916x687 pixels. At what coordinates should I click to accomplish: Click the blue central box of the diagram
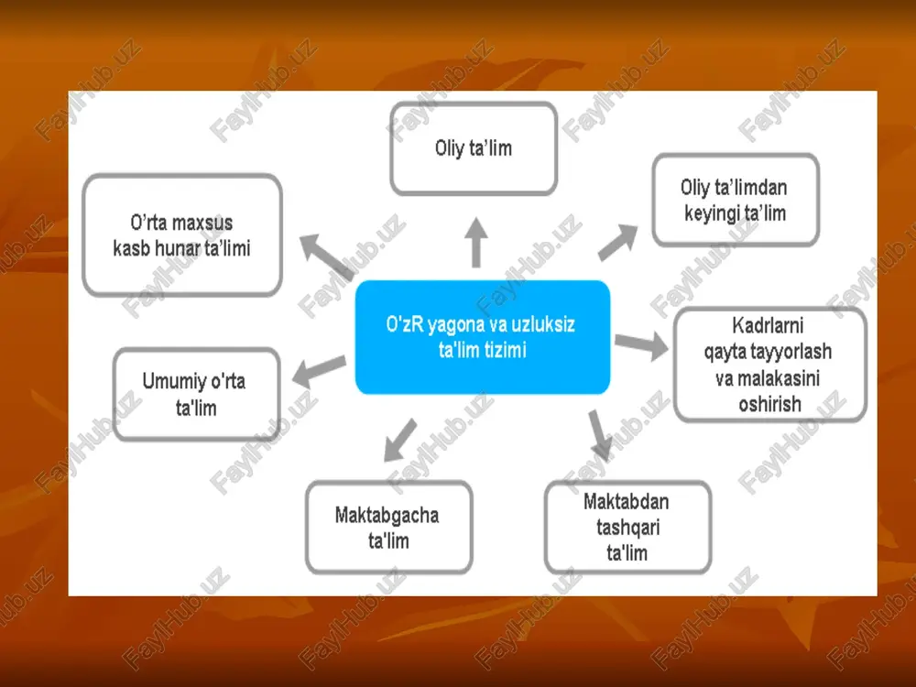pos(483,337)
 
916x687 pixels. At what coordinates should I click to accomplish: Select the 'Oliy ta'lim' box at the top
pos(474,148)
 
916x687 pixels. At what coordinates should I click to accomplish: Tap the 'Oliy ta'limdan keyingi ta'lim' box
pos(736,200)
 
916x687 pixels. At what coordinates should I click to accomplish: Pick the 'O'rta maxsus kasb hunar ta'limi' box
pos(182,234)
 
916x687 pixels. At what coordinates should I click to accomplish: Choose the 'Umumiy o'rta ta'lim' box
pos(196,394)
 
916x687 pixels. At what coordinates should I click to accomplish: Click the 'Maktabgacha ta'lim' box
pos(389,527)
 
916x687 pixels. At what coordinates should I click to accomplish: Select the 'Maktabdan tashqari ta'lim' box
pos(627,527)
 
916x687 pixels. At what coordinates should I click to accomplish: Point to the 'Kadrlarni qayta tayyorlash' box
pos(770,365)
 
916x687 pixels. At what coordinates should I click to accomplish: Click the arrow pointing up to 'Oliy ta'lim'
pos(476,243)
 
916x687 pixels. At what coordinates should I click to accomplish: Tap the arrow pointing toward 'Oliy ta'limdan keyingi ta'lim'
pos(617,242)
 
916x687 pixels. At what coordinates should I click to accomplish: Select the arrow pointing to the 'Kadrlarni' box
pos(641,344)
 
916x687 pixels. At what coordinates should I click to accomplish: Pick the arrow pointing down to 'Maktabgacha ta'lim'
pos(401,440)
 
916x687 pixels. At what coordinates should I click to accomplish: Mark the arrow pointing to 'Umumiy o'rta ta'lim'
pos(319,372)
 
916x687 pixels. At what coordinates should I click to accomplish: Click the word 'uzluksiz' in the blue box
pos(543,324)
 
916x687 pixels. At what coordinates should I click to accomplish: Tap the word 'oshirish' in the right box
pos(770,404)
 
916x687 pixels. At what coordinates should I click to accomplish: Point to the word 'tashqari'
pos(628,528)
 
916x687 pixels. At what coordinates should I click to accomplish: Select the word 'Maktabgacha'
pos(387,515)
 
